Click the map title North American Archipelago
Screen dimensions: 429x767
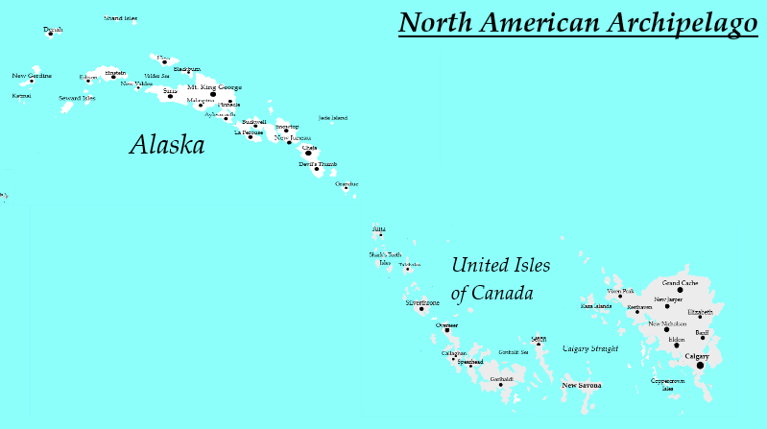(x=578, y=23)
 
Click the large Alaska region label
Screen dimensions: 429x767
(x=167, y=145)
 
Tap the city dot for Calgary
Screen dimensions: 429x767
(x=700, y=366)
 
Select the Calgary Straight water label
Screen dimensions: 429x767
(x=590, y=349)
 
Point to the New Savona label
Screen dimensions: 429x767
(x=582, y=386)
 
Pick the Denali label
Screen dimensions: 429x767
(x=53, y=30)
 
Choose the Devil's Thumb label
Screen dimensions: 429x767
(x=318, y=164)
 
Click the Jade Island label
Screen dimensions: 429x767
(x=332, y=118)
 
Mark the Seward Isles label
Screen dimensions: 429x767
(x=77, y=98)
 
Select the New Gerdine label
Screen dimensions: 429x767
(x=32, y=76)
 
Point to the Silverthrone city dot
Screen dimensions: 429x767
(x=421, y=309)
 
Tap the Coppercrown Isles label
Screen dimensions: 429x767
(x=668, y=384)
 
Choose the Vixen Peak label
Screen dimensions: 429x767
(x=620, y=291)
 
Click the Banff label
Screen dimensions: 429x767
(x=702, y=332)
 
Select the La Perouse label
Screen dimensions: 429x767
(x=248, y=132)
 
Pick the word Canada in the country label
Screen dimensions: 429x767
(x=502, y=294)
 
